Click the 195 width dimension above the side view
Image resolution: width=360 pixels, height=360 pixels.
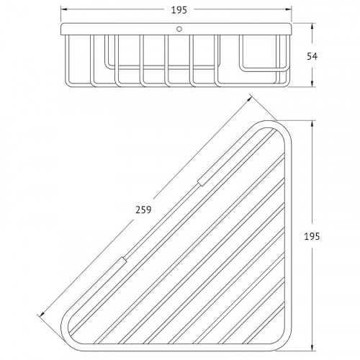coord(179,10)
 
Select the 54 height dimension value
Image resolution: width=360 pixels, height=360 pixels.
coord(312,57)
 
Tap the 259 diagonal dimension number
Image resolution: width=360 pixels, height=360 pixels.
coord(143,210)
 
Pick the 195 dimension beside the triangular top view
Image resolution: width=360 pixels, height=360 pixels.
coord(312,237)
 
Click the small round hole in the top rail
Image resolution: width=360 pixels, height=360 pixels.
coord(179,29)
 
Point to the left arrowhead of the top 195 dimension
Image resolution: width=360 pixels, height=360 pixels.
coord(64,9)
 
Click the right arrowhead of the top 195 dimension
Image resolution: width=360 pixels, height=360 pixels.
coord(288,9)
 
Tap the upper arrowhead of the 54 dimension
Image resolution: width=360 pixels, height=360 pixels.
coord(312,27)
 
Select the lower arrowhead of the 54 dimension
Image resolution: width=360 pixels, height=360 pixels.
coord(312,84)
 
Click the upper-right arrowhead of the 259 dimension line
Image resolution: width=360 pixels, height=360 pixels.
coord(248,99)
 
